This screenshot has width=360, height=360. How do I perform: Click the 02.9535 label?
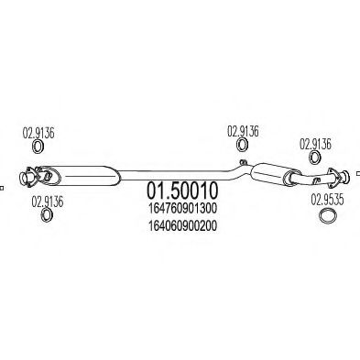[x=327, y=198]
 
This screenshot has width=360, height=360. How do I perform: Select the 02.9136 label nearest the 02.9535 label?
[x=316, y=144]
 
